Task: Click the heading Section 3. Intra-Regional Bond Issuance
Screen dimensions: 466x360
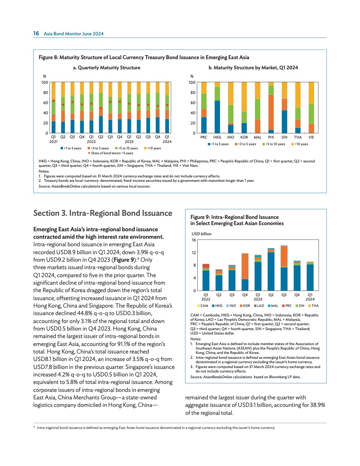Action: click(103, 213)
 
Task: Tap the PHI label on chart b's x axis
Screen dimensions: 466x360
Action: click(271, 138)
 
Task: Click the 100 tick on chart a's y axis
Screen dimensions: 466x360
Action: click(45, 83)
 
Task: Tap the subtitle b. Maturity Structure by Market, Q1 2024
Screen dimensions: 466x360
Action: click(255, 68)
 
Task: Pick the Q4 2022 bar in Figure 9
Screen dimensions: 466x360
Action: click(245, 272)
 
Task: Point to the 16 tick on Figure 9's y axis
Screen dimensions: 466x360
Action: click(193, 240)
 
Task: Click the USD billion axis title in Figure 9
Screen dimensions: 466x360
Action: click(201, 234)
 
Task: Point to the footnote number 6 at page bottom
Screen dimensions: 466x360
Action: click(34, 427)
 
